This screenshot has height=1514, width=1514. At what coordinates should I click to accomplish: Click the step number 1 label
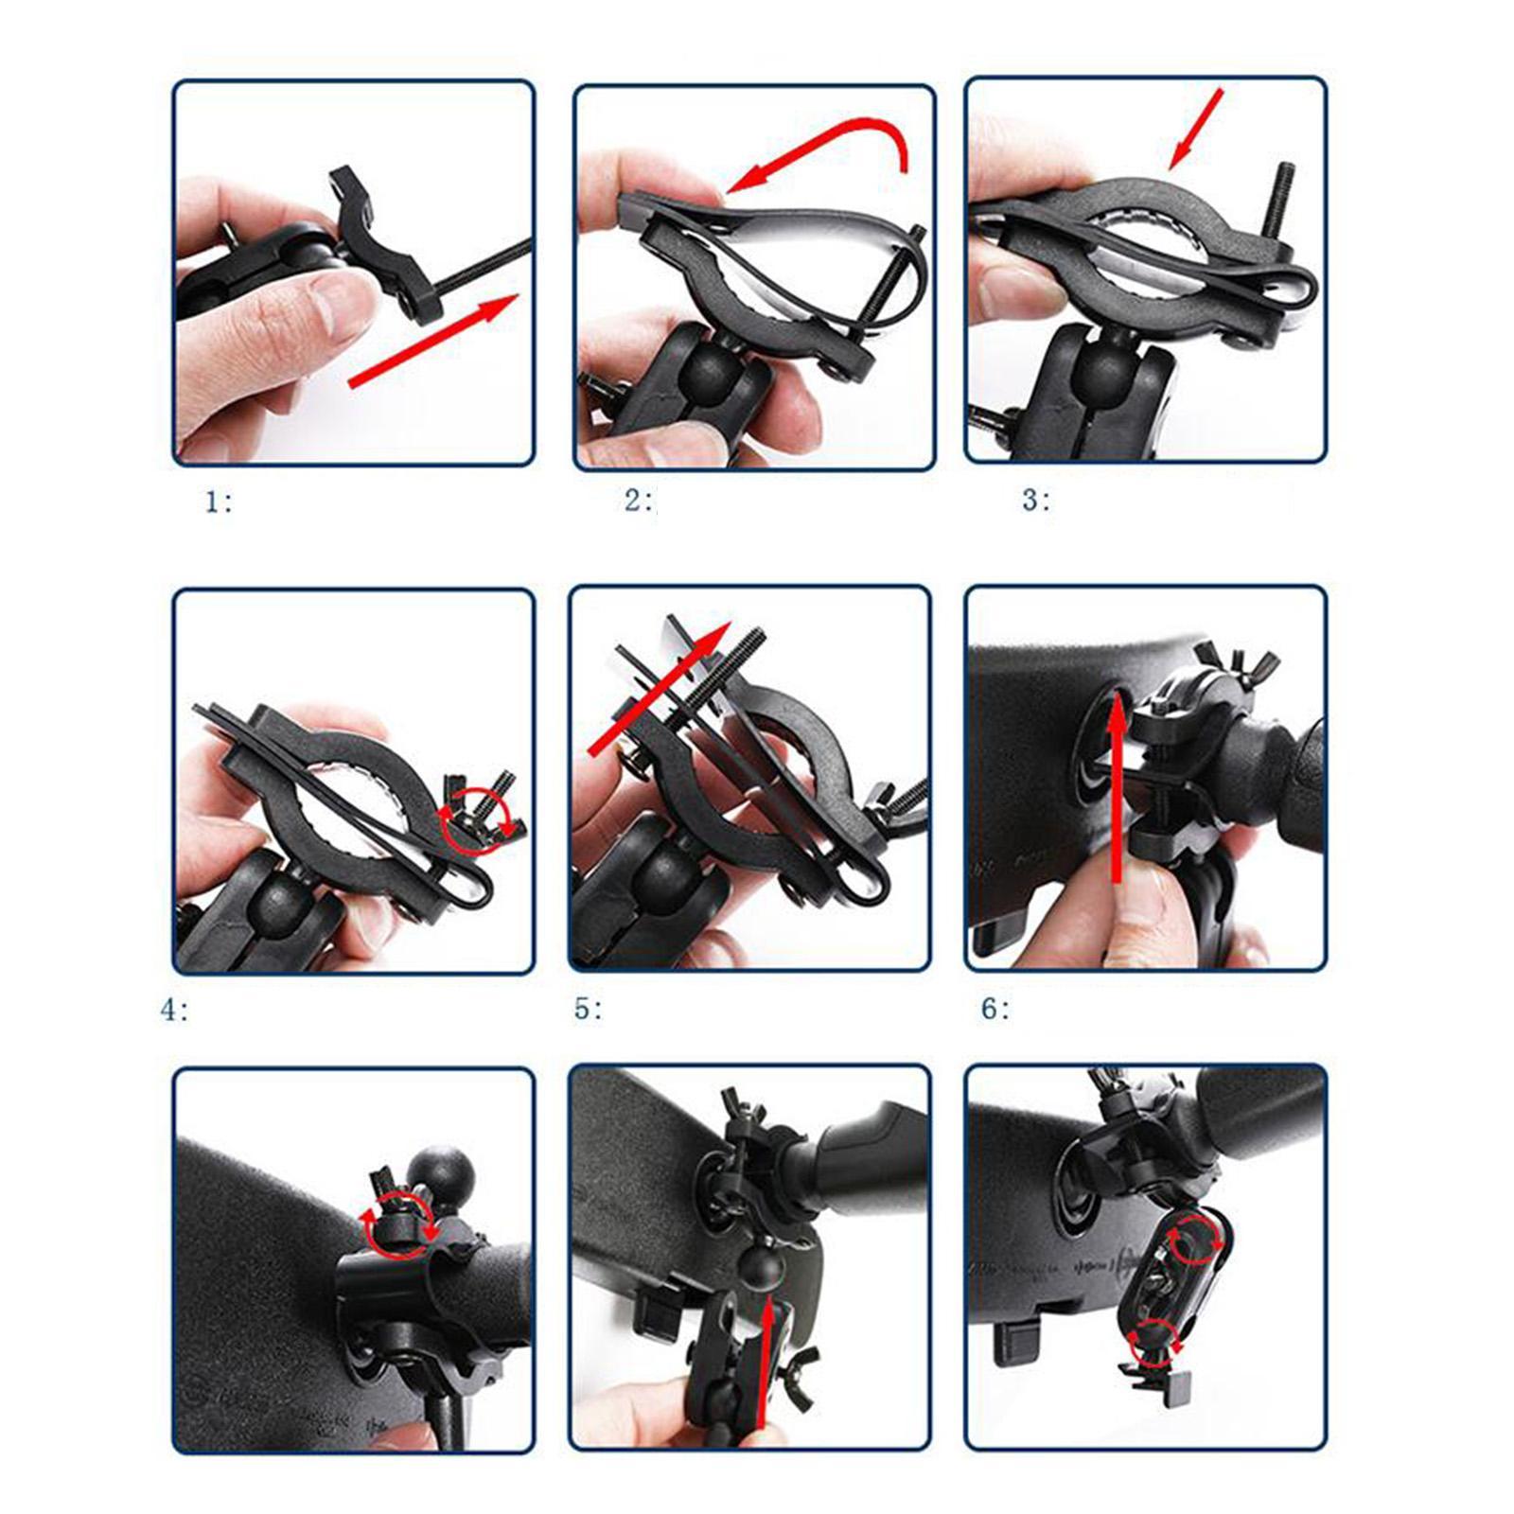pyautogui.click(x=219, y=502)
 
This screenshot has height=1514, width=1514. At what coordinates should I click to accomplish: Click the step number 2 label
pyautogui.click(x=638, y=500)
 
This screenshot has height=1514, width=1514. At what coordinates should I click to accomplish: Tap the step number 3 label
pyautogui.click(x=1035, y=500)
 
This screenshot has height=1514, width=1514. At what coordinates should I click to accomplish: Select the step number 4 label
pyautogui.click(x=174, y=1010)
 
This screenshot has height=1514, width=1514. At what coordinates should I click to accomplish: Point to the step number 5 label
pyautogui.click(x=587, y=1009)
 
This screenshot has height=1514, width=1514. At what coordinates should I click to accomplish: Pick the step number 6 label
pyautogui.click(x=995, y=1009)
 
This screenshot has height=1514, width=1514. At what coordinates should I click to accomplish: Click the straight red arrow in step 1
pyautogui.click(x=433, y=340)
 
